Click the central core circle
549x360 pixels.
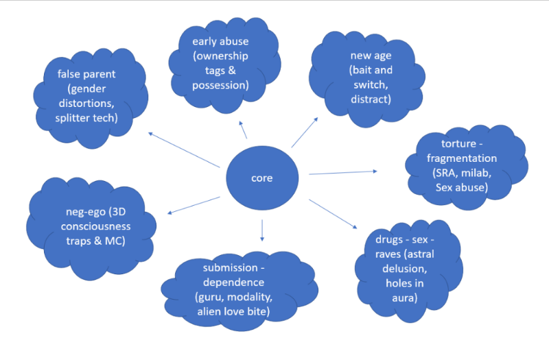click(x=261, y=178)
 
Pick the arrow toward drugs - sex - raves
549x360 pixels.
click(x=332, y=214)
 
